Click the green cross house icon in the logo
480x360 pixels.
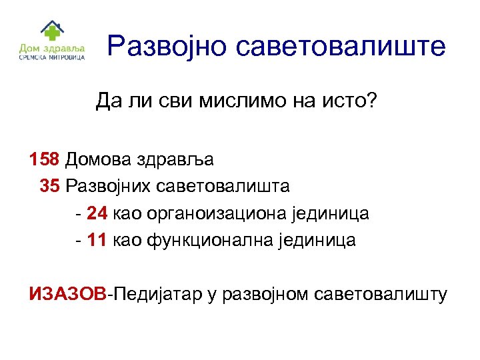(x=51, y=31)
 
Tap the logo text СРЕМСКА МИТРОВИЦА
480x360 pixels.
(x=51, y=57)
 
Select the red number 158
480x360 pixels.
(x=45, y=160)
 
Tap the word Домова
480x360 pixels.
(x=100, y=160)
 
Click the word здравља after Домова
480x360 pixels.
(x=177, y=161)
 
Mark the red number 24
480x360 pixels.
(x=97, y=214)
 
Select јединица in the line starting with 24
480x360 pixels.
(x=331, y=214)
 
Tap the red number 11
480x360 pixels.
(x=97, y=240)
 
